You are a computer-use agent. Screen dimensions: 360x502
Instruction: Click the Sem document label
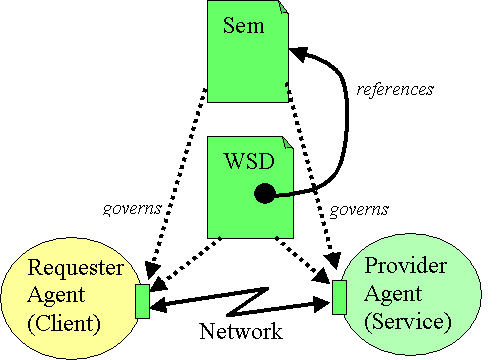point(244,26)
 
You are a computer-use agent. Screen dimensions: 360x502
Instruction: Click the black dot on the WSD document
point(264,194)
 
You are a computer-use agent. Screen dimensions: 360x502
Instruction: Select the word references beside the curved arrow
point(395,89)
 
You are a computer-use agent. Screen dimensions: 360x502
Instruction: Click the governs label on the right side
point(360,209)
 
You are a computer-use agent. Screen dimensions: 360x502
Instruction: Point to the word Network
point(240,331)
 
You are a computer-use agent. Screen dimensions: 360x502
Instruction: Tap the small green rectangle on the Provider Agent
point(339,298)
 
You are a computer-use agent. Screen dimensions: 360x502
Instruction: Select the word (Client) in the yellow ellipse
point(65,323)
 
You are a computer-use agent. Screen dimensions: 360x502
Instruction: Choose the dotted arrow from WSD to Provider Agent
point(300,261)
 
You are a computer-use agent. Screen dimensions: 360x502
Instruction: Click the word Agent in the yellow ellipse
point(54,295)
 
